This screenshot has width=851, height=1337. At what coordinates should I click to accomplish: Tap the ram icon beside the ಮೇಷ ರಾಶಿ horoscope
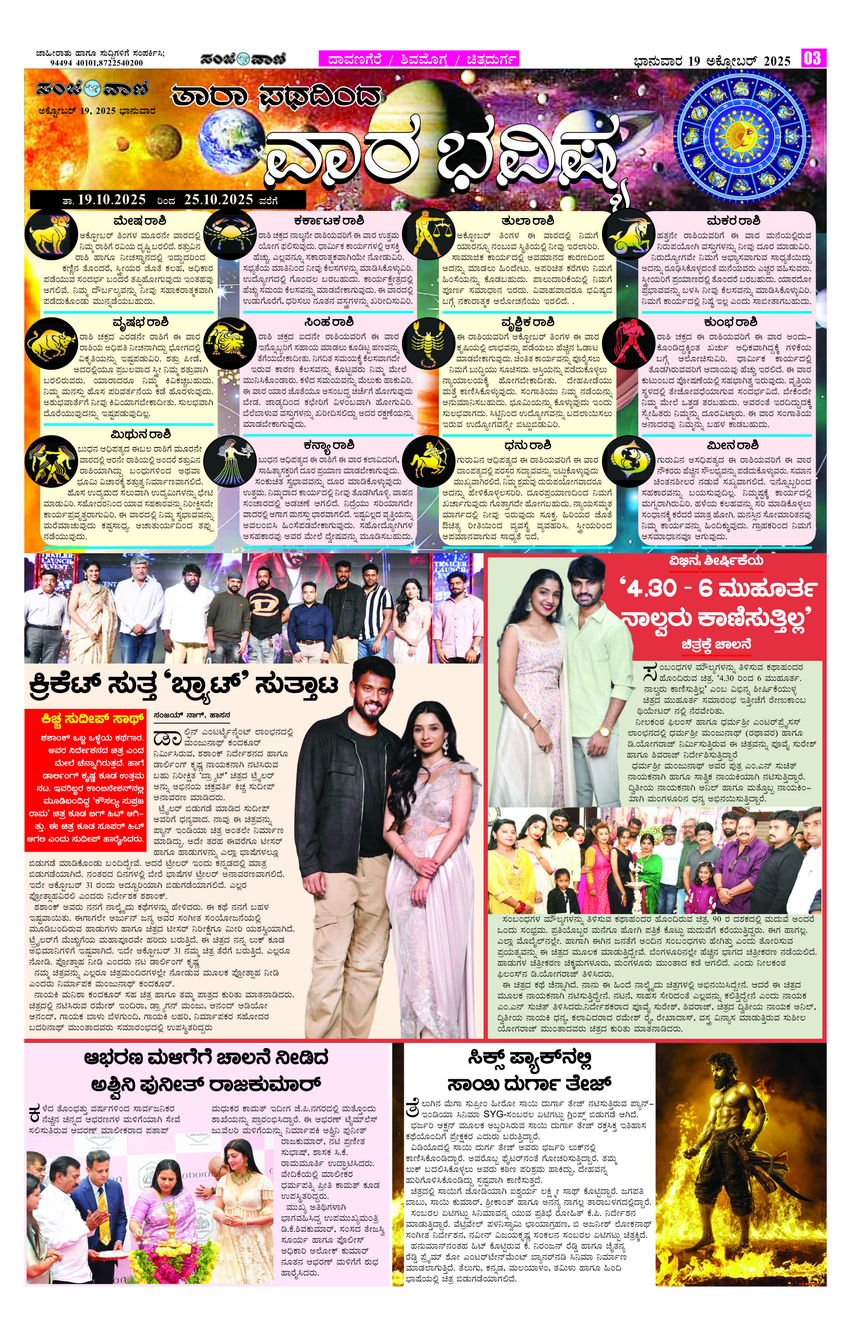[51, 234]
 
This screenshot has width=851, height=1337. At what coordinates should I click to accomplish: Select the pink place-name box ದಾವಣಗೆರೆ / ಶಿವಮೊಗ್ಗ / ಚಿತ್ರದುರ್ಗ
[418, 59]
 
